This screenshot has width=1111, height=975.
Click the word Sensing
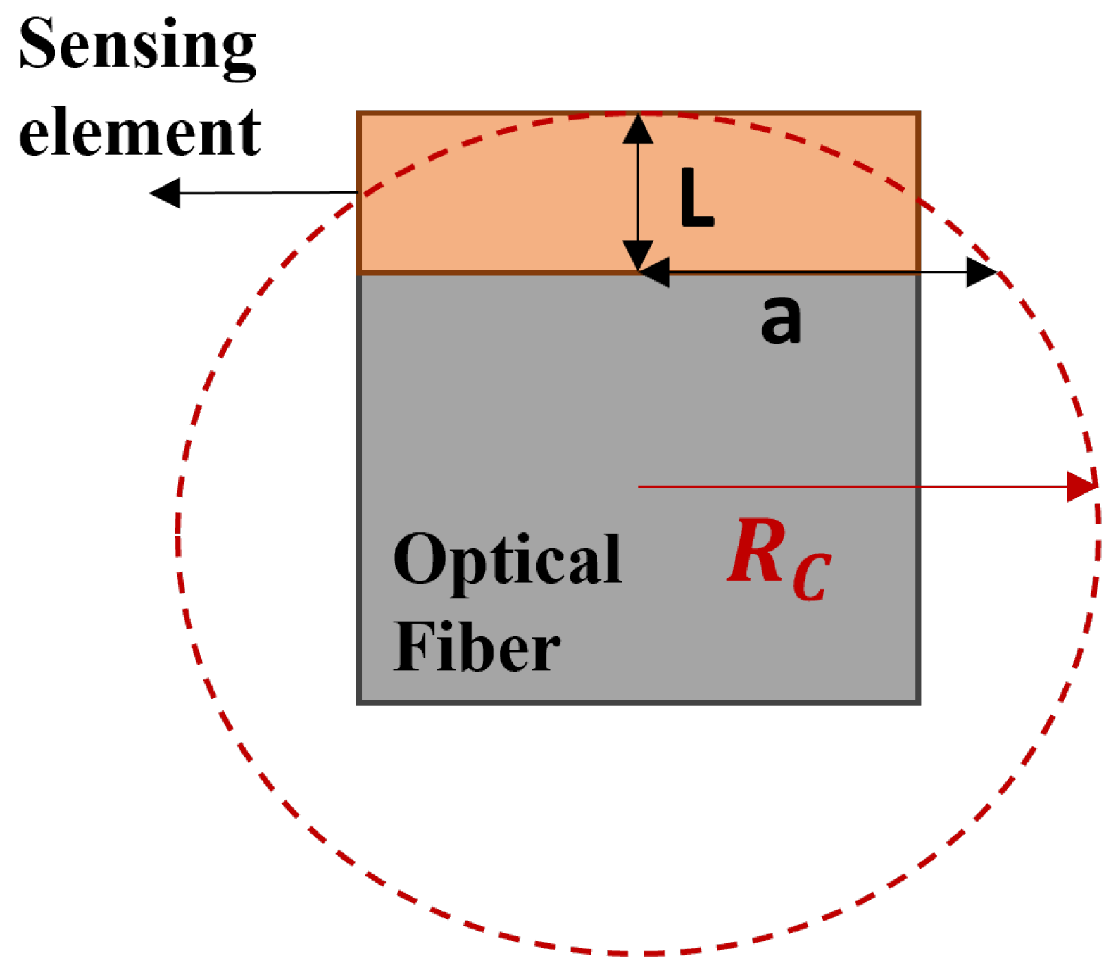coord(137,46)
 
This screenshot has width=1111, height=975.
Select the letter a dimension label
coord(781,320)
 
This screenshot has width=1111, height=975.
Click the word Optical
coord(507,560)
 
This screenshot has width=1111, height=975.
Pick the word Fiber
coord(477,647)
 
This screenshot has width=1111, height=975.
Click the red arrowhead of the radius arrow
coord(1083,486)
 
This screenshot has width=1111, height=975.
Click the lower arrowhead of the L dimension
coord(638,255)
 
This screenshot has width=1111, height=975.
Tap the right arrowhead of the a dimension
coord(981,272)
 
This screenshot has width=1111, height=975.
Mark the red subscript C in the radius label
coord(811,577)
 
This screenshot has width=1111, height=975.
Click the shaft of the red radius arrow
coord(845,486)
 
